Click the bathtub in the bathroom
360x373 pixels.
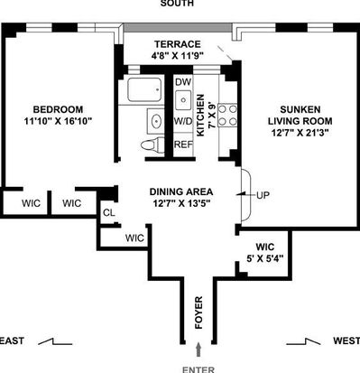pos(144,89)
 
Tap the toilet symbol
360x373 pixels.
pos(152,145)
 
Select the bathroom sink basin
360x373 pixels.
pos(156,121)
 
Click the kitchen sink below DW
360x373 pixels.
pos(183,99)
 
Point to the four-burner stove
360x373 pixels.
pos(227,115)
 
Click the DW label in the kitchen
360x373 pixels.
pos(183,82)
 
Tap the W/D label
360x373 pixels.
pos(183,121)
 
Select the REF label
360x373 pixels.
pos(183,145)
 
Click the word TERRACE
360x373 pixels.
pos(178,44)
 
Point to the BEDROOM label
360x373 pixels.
pos(58,109)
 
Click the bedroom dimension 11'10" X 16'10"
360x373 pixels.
pos(58,121)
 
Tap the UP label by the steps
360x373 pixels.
pos(263,195)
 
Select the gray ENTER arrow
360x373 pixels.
pos(198,350)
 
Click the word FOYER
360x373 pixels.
pos(198,312)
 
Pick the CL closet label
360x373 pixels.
pos(108,213)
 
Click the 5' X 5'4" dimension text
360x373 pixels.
pos(265,258)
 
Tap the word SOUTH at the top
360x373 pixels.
pos(177,4)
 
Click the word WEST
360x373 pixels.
pos(346,340)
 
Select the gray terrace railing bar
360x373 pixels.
pos(178,28)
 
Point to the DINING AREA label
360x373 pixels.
pos(181,191)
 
